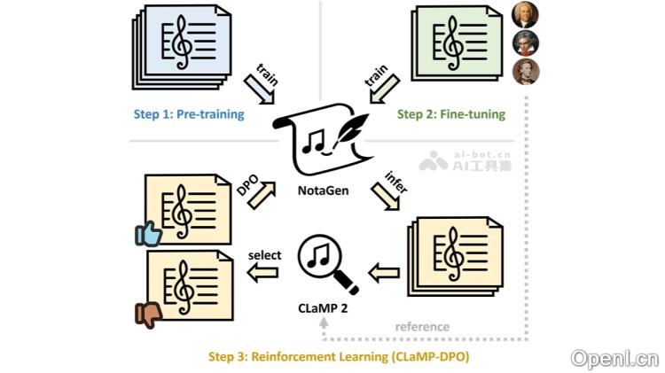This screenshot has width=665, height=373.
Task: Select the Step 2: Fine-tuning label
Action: tap(450, 114)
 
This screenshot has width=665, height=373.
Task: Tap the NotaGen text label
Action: tap(323, 190)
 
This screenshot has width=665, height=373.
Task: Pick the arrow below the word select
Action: tap(264, 275)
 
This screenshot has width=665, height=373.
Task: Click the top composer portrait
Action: tap(525, 15)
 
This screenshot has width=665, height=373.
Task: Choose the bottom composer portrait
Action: tap(525, 72)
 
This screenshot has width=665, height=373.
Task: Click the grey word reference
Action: tap(422, 327)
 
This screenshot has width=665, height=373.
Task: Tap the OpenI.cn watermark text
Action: tap(614, 358)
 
